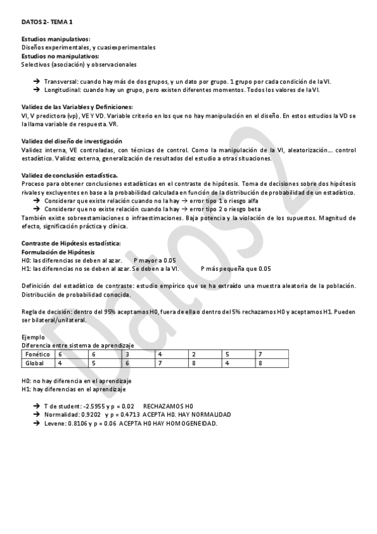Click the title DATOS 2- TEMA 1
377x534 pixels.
tap(47, 22)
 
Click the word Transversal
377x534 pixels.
tap(63, 82)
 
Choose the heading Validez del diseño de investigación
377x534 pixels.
tap(71, 141)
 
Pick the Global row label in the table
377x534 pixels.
tap(34, 363)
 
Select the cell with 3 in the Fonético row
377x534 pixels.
tap(128, 355)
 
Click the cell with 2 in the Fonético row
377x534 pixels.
tap(194, 355)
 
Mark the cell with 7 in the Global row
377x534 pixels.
tap(160, 363)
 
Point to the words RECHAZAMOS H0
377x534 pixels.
tap(168, 406)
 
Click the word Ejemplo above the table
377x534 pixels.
tap(33, 337)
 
